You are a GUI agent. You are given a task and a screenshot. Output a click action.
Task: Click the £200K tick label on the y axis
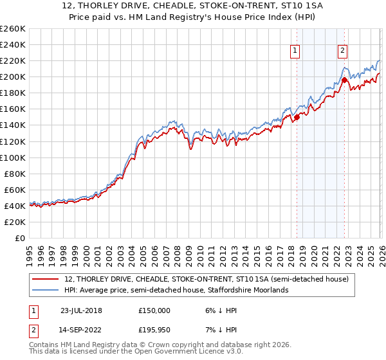pos(12,76)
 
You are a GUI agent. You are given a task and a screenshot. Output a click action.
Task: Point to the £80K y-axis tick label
pos(14,174)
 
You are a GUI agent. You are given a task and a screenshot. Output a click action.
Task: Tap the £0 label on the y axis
pos(19,238)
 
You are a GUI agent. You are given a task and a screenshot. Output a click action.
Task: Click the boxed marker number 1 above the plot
pos(295,51)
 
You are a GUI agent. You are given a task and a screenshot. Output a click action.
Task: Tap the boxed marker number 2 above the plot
pos(343,51)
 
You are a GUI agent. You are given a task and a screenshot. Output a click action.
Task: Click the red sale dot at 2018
pos(297,117)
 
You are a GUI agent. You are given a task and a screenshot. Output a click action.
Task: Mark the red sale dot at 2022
pos(344,80)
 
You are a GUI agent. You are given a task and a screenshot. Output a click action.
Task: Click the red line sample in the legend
pos(46,280)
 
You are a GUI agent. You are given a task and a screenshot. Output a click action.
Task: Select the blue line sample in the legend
pos(46,290)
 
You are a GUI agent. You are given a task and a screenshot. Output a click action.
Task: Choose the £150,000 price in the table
pos(154,310)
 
